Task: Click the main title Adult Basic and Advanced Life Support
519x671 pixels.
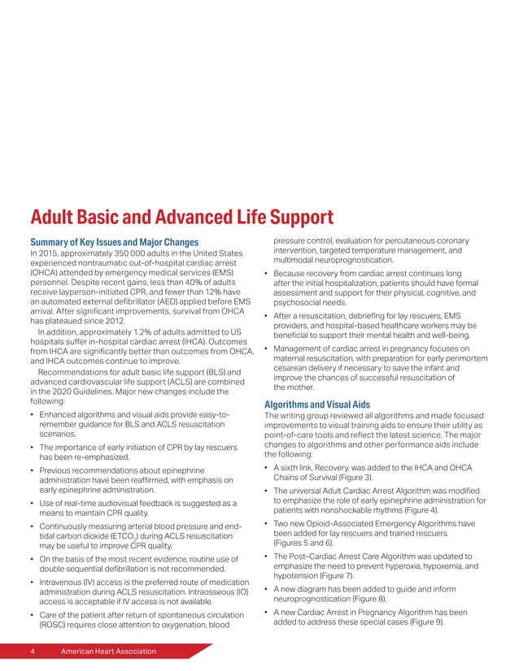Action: click(181, 217)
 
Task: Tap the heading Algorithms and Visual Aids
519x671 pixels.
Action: click(317, 404)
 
